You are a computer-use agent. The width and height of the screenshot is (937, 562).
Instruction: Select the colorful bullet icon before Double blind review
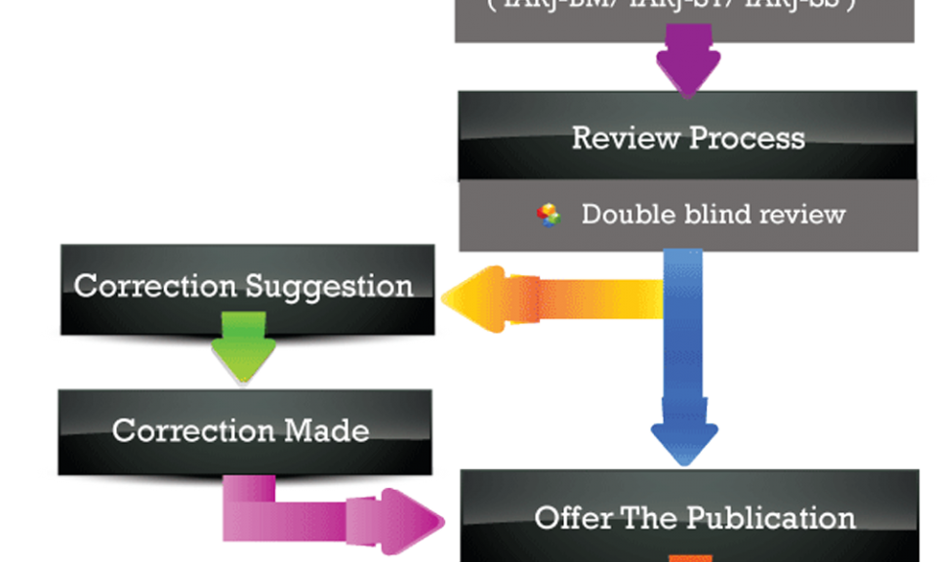coord(550,215)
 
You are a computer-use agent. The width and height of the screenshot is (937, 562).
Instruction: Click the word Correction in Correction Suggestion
coord(155,286)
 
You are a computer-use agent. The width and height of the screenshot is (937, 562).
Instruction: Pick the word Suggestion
coord(329,286)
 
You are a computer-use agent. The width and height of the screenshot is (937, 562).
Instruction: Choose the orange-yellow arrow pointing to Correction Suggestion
coord(547,300)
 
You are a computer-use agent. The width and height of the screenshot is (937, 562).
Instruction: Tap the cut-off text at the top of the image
coord(684,6)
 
